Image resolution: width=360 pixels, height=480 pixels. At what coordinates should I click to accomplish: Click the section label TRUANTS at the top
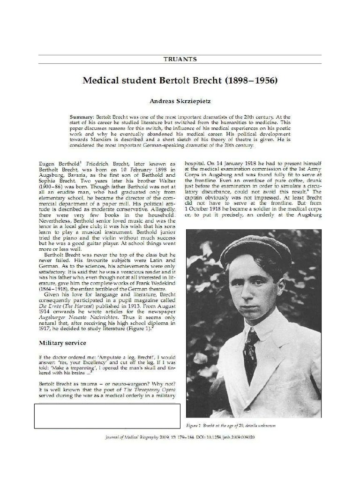click(180, 59)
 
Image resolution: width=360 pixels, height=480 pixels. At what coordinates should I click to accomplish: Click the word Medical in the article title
click(102, 80)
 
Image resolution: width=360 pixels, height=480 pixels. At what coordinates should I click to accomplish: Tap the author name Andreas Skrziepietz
click(180, 100)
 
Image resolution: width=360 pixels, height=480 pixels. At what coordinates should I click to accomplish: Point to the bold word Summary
click(81, 116)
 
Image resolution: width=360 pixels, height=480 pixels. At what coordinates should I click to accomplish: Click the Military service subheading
click(62, 343)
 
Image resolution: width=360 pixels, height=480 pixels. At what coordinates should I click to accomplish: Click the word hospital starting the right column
click(195, 159)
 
